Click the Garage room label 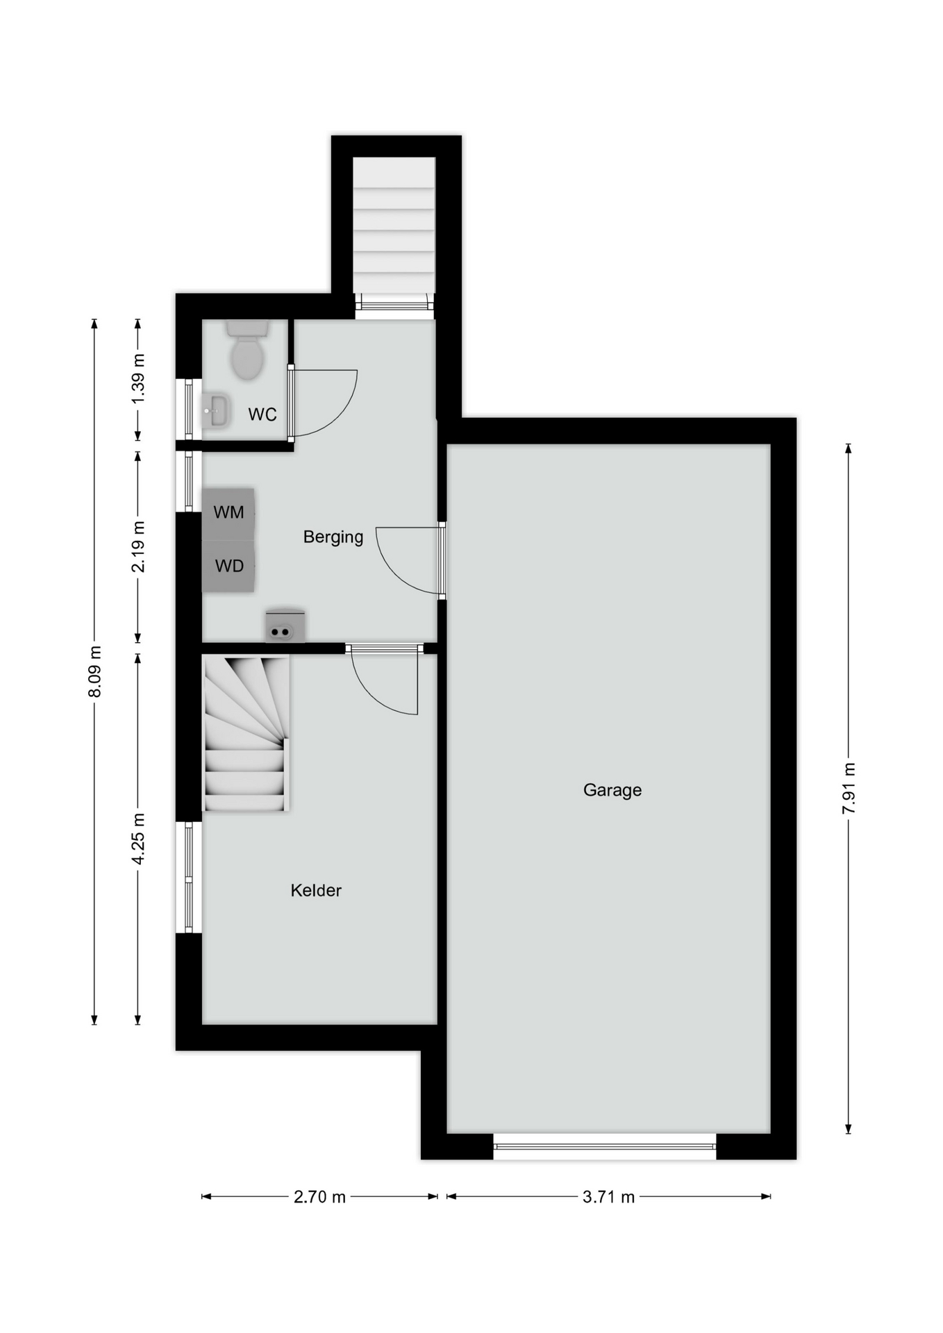[x=612, y=790]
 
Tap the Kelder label [x=316, y=890]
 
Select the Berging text [x=333, y=537]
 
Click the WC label [x=262, y=414]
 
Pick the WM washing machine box [x=228, y=514]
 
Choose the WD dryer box [x=228, y=567]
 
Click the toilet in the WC [x=247, y=349]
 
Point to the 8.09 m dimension [x=95, y=671]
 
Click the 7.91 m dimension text [x=849, y=789]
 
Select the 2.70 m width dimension [x=319, y=1196]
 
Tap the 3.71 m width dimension [x=608, y=1196]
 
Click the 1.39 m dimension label [x=138, y=378]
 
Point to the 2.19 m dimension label [x=138, y=546]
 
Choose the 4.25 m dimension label [x=138, y=839]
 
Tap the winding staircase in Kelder [x=245, y=733]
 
